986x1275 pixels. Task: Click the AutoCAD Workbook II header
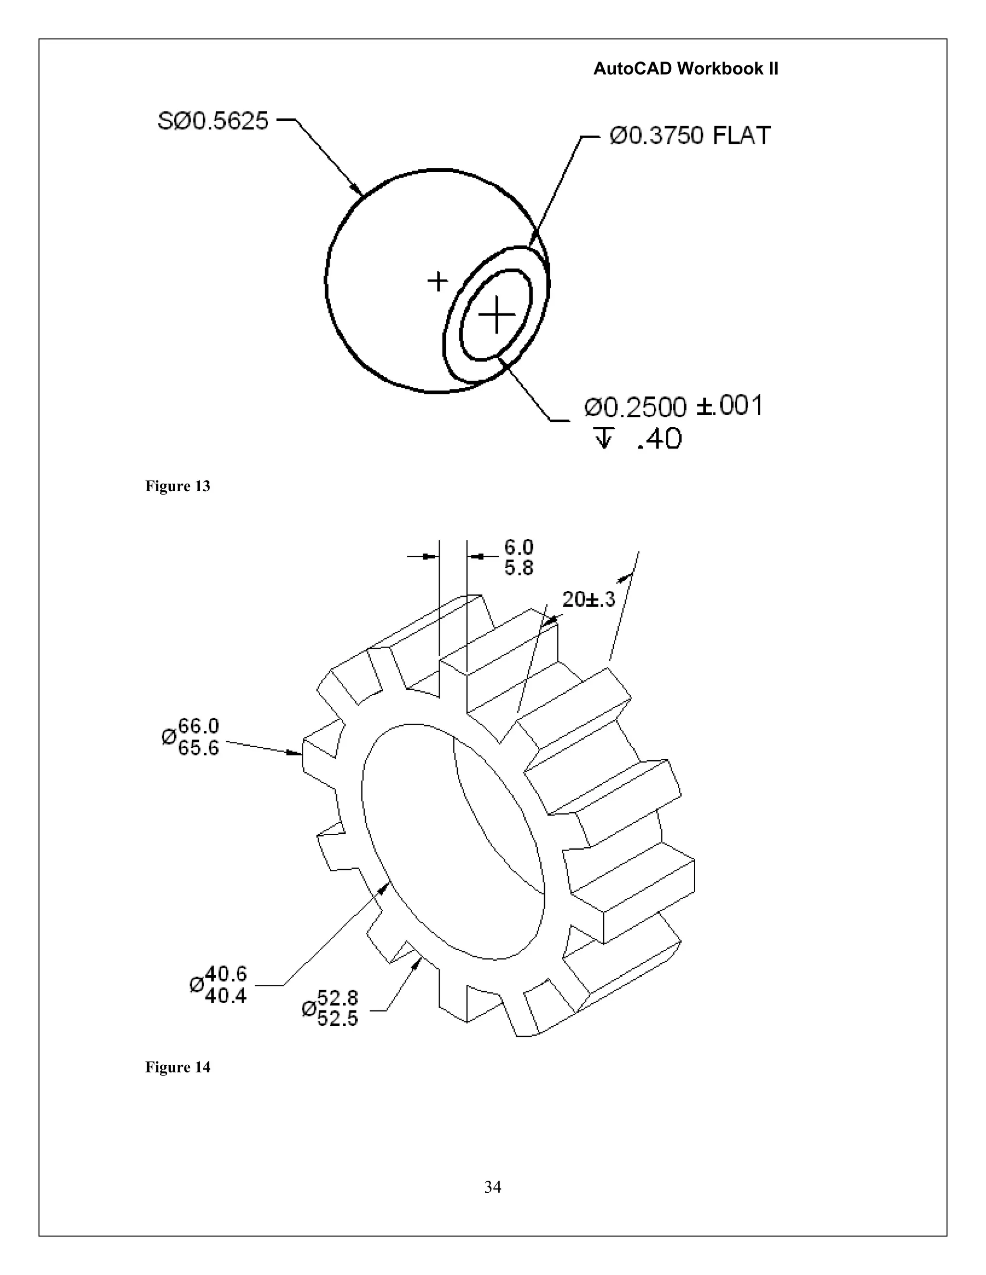pyautogui.click(x=686, y=69)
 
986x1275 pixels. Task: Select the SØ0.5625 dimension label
pyautogui.click(x=213, y=121)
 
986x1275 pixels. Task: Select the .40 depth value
pyautogui.click(x=660, y=438)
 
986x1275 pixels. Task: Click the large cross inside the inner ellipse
pyautogui.click(x=496, y=315)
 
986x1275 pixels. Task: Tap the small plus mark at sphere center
pyautogui.click(x=438, y=281)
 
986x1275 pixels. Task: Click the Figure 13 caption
pyautogui.click(x=178, y=486)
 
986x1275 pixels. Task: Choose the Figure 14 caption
pyautogui.click(x=178, y=1067)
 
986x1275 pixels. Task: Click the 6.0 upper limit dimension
pyautogui.click(x=519, y=547)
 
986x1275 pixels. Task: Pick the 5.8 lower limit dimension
pyautogui.click(x=519, y=567)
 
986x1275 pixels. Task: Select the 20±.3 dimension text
pyautogui.click(x=589, y=599)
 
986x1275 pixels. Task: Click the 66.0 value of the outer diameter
pyautogui.click(x=199, y=726)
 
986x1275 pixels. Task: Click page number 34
pyautogui.click(x=493, y=1187)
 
